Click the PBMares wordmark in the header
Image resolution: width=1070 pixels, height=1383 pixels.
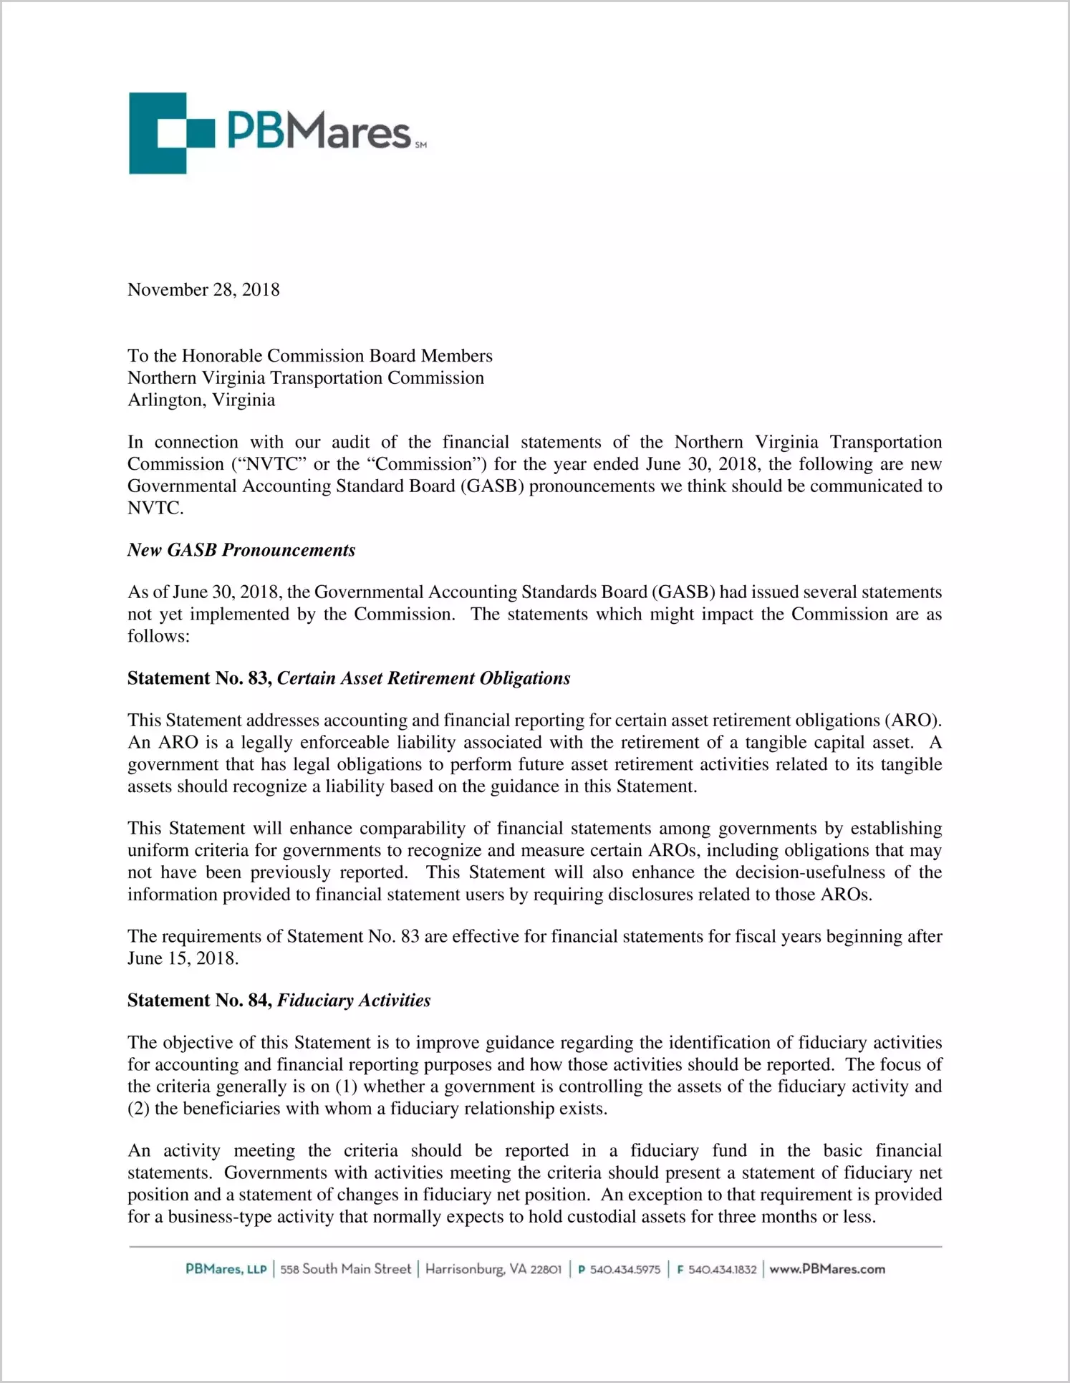pyautogui.click(x=319, y=132)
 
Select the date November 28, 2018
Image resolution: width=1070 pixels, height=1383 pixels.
pyautogui.click(x=203, y=290)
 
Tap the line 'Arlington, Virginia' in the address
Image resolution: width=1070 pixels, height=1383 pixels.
pyautogui.click(x=201, y=400)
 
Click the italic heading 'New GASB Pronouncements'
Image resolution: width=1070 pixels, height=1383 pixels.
pyautogui.click(x=241, y=550)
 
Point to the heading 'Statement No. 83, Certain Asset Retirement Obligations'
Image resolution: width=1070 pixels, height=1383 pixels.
pyautogui.click(x=349, y=678)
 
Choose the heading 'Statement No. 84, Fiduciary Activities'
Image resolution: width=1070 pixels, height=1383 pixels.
pyautogui.click(x=279, y=1001)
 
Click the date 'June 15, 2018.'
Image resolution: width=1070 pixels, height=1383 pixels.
pyautogui.click(x=183, y=958)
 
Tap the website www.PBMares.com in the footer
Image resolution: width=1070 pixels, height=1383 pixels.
pyautogui.click(x=827, y=1269)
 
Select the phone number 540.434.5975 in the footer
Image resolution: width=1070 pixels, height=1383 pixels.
pyautogui.click(x=620, y=1270)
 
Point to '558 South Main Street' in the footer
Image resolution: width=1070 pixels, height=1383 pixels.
pyautogui.click(x=345, y=1269)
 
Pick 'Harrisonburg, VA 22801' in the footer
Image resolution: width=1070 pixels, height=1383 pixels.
pyautogui.click(x=493, y=1269)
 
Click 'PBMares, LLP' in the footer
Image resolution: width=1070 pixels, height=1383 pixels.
pyautogui.click(x=226, y=1269)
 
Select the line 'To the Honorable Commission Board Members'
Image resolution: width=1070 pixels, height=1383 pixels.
pyautogui.click(x=310, y=356)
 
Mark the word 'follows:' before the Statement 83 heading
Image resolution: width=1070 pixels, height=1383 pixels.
pyautogui.click(x=158, y=636)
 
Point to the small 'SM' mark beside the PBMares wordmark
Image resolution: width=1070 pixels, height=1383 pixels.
pyautogui.click(x=420, y=145)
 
